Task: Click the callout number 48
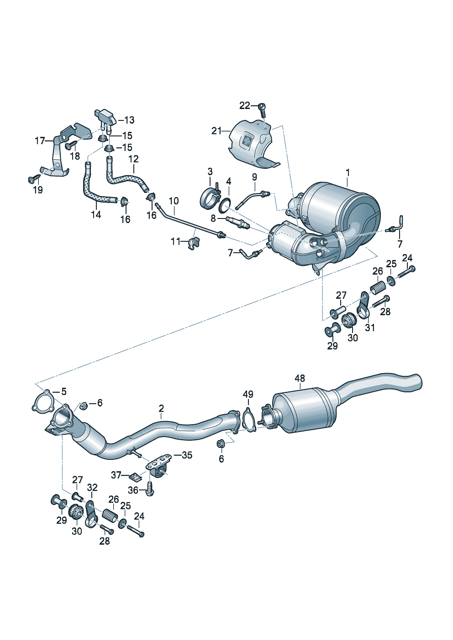point(300,378)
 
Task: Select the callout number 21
point(216,131)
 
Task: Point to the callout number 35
point(187,455)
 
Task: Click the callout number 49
point(248,395)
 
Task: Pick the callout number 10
point(174,201)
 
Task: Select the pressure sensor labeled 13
point(105,120)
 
